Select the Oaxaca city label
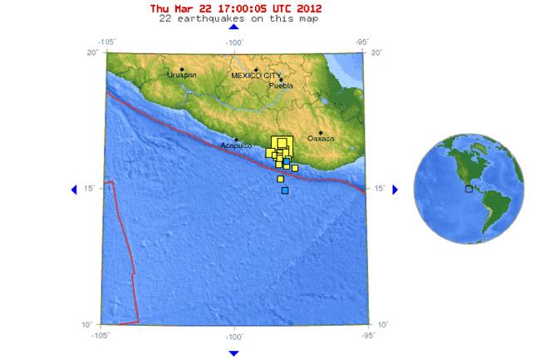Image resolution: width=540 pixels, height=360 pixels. pyautogui.click(x=321, y=138)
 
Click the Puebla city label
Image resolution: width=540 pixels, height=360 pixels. pyautogui.click(x=282, y=85)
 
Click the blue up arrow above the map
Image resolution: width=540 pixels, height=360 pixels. pyautogui.click(x=233, y=31)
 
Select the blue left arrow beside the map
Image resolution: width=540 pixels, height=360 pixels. pyautogui.click(x=76, y=190)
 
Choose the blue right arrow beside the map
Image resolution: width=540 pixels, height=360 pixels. pyautogui.click(x=395, y=190)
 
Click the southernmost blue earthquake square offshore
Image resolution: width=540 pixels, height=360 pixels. pyautogui.click(x=285, y=191)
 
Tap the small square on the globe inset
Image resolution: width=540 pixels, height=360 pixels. pyautogui.click(x=469, y=189)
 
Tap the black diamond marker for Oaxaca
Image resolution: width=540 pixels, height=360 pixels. pyautogui.click(x=321, y=132)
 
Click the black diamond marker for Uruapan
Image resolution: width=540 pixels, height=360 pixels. pyautogui.click(x=182, y=70)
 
